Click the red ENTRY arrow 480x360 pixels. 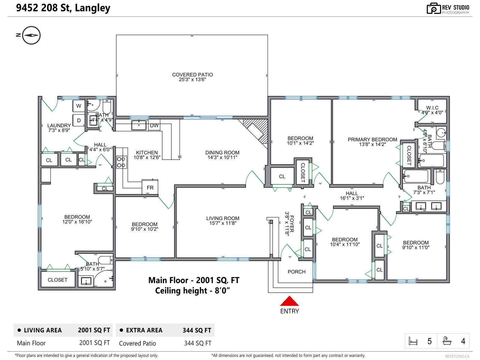click(289, 301)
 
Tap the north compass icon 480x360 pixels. click(31, 35)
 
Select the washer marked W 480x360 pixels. click(79, 106)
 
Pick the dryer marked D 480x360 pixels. click(79, 120)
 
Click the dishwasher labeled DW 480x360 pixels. click(154, 125)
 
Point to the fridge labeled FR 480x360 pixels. click(150, 187)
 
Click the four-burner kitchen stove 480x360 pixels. click(121, 162)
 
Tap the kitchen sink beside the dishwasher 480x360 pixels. click(139, 125)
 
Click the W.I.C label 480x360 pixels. click(432, 107)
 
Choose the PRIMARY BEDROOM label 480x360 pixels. click(372, 139)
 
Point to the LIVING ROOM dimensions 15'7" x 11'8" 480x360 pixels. click(223, 223)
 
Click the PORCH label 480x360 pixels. click(296, 272)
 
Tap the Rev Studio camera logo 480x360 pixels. click(433, 8)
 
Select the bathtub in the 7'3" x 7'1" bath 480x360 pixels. click(416, 176)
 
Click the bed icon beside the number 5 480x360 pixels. click(413, 341)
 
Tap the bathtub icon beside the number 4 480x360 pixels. click(447, 341)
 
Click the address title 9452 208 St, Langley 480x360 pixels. click(63, 8)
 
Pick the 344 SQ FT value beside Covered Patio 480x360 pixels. click(198, 343)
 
